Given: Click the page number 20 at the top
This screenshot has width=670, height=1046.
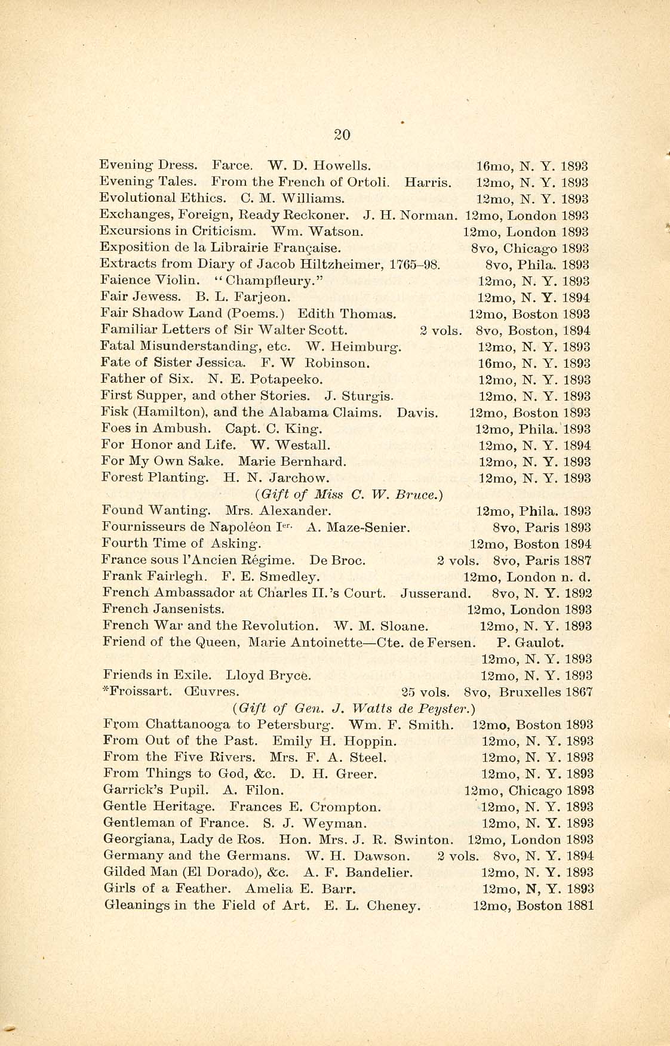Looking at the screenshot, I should point(342,135).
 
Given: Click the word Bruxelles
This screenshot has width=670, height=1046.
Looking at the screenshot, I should point(530,693).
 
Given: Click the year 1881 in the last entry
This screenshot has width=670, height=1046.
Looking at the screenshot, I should point(579,906).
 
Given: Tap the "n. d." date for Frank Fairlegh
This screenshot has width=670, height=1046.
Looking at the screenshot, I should point(576,577).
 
